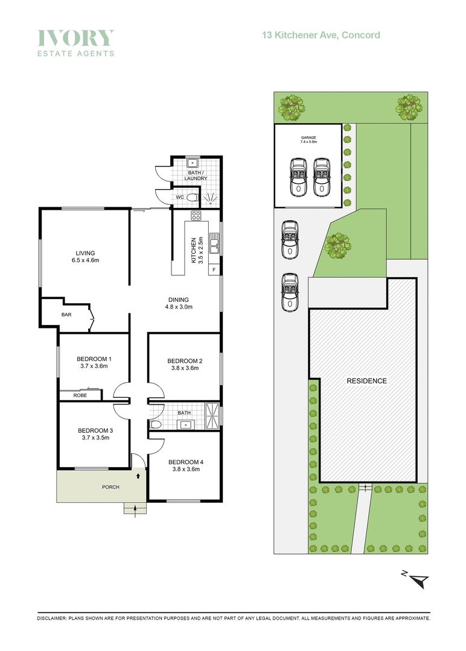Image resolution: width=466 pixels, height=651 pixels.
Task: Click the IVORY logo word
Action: (75, 38)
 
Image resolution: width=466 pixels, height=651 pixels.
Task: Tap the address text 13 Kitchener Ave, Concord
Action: (321, 35)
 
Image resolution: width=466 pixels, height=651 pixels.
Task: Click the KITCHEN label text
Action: (194, 249)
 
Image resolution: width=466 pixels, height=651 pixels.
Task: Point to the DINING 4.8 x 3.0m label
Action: (179, 303)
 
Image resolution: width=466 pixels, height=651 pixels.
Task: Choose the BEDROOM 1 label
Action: (94, 362)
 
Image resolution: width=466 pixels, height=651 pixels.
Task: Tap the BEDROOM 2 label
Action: (184, 365)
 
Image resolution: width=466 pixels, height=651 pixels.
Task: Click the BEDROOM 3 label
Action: (95, 434)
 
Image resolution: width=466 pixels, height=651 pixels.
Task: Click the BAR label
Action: (66, 315)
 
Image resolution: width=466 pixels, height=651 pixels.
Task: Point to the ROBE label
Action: (80, 395)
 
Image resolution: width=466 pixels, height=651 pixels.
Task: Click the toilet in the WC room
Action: (191, 198)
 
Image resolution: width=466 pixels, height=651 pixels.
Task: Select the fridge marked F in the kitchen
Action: (214, 269)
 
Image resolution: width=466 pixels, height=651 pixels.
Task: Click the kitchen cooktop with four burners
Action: (196, 215)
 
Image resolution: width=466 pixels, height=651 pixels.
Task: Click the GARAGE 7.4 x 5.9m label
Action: (309, 140)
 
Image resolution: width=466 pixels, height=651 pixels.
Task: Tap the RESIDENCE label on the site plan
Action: (366, 381)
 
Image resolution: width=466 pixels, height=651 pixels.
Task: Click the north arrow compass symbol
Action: (419, 579)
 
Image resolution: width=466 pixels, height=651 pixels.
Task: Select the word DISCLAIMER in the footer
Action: (53, 618)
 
